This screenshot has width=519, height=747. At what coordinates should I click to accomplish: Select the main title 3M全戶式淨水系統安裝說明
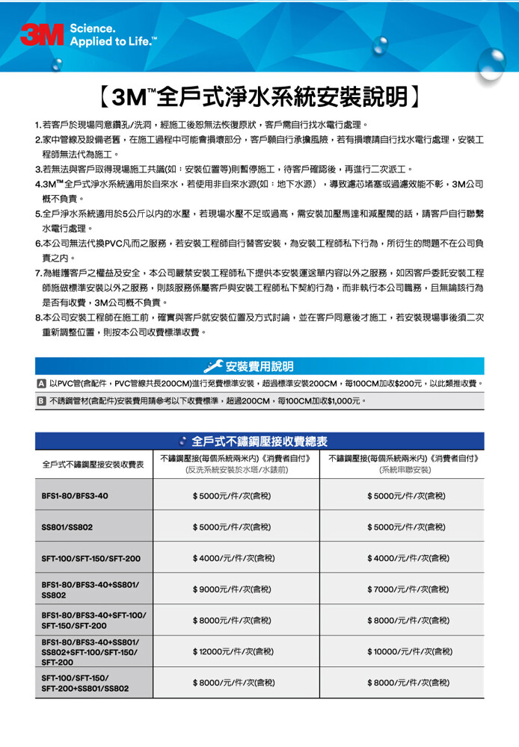(x=259, y=96)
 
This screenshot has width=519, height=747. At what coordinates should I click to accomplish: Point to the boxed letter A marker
(x=42, y=383)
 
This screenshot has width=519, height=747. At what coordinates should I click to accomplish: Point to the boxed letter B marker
(x=42, y=401)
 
